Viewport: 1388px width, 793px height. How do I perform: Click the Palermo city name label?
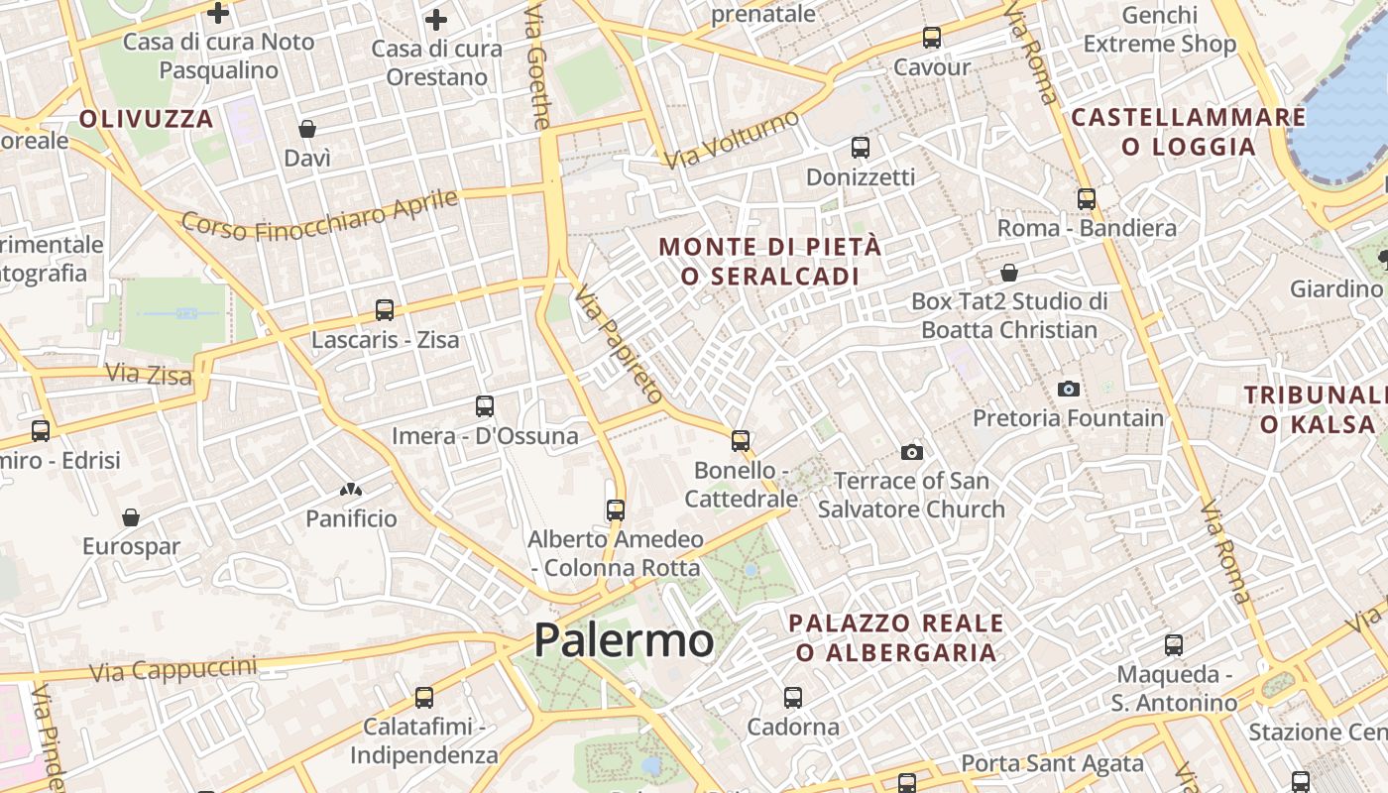pos(624,640)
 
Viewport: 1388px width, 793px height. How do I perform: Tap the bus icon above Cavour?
pos(932,38)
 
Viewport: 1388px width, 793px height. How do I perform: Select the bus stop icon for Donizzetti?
pos(861,148)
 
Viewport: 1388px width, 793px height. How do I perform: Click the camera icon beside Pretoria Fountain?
pos(1068,389)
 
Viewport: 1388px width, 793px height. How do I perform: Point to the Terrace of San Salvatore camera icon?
pos(912,453)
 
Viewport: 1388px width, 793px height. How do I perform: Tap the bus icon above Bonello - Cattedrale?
pos(741,441)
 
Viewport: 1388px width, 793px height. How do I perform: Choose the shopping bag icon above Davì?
pos(307,129)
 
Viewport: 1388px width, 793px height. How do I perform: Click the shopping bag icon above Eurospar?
pos(131,517)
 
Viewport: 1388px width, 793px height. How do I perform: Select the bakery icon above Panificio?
pos(351,490)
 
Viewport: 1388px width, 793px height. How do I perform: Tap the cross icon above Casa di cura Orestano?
pos(436,19)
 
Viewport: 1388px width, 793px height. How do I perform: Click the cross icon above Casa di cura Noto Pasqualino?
pos(218,13)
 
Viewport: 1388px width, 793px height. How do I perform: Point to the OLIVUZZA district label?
pos(146,120)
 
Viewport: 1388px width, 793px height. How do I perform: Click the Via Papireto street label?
pos(619,343)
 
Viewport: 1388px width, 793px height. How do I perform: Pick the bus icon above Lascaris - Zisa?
pos(385,310)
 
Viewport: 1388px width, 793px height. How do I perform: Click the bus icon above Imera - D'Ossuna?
pos(485,406)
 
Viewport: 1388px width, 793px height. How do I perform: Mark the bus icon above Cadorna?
pos(793,698)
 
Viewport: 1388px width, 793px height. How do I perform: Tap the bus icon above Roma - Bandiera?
pos(1087,198)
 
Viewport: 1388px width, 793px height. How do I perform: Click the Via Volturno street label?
pos(733,140)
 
